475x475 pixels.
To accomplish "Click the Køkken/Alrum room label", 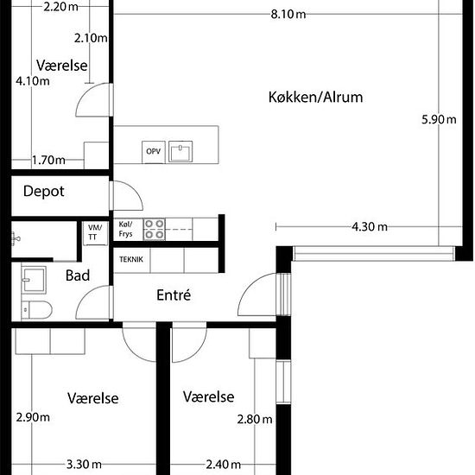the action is click(315, 98).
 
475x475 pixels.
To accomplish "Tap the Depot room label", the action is click(44, 192).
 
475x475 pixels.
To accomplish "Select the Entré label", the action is click(174, 295).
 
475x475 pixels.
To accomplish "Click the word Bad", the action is click(78, 275).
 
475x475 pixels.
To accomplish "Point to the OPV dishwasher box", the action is click(153, 152).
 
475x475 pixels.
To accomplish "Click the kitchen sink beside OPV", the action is click(180, 151).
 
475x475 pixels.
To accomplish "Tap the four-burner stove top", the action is click(155, 230).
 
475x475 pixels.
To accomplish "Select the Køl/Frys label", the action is click(125, 229).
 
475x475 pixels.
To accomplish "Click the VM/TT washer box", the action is click(95, 232).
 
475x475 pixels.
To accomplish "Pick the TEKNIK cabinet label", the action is click(131, 259).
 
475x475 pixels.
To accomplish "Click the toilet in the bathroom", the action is click(36, 310).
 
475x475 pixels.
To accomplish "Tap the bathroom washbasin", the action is click(34, 280).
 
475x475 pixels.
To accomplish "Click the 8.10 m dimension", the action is click(288, 14).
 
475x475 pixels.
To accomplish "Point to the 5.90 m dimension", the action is click(439, 119).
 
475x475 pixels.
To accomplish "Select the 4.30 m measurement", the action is click(370, 226).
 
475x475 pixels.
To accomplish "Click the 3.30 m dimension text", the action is click(84, 464).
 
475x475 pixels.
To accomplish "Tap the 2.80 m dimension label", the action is click(255, 420).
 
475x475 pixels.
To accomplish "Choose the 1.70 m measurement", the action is click(48, 160).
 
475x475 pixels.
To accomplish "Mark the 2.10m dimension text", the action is click(91, 38).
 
